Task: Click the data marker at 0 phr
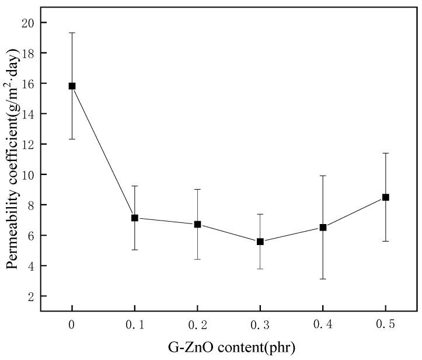tap(72, 86)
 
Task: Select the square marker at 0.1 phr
tap(135, 218)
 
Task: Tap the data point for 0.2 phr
tap(197, 224)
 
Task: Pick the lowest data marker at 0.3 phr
tap(260, 241)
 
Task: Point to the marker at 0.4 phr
tap(323, 227)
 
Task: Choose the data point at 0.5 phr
tap(385, 197)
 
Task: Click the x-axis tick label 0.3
tap(260, 325)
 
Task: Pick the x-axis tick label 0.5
tap(385, 325)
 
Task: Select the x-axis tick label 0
tap(72, 325)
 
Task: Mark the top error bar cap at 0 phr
tap(72, 33)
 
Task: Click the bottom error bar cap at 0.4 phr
tap(323, 279)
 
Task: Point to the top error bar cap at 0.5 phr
tap(385, 153)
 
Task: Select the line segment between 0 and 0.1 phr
tap(103, 152)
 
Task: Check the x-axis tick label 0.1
tap(135, 325)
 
